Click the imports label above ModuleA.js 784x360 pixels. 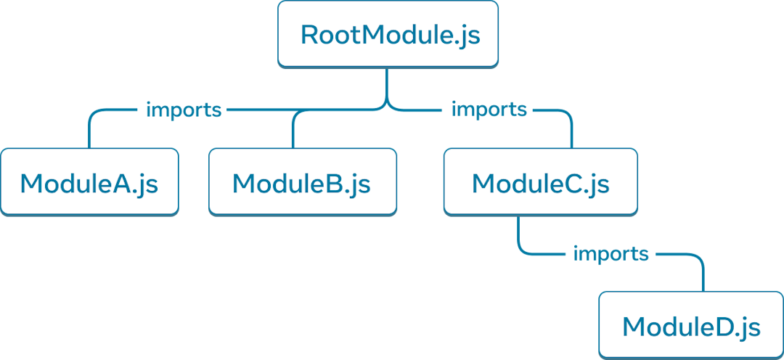183,110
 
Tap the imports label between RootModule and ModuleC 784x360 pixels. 489,110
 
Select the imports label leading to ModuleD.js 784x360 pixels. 611,254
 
